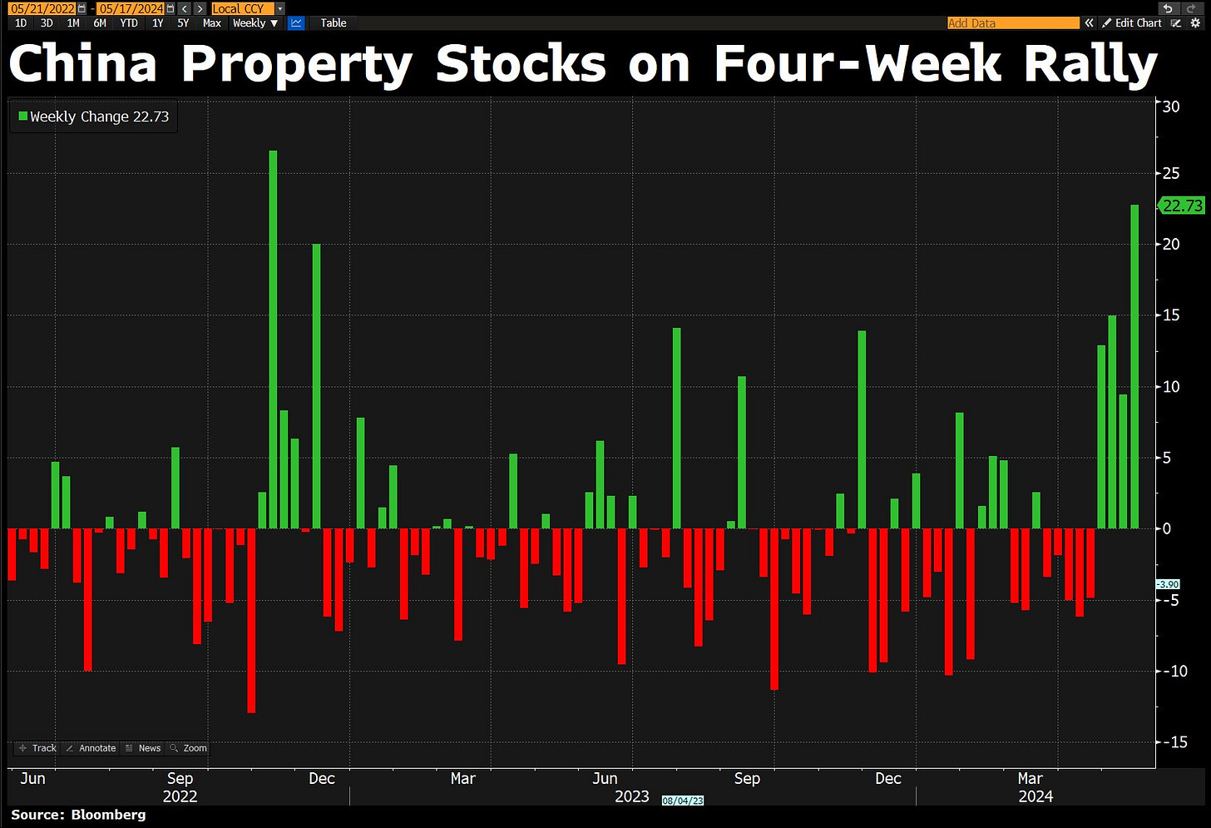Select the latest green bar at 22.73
[1134, 366]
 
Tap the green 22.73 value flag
[1182, 206]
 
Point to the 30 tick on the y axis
[1171, 107]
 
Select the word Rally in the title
[1090, 65]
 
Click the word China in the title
[83, 65]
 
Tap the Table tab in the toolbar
[333, 23]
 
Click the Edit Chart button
[1132, 23]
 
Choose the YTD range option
[129, 23]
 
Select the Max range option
[212, 23]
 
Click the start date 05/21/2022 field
[43, 8]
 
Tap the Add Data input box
[1012, 23]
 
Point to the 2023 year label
[631, 796]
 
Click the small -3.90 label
[1168, 584]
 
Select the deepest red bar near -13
[251, 620]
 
